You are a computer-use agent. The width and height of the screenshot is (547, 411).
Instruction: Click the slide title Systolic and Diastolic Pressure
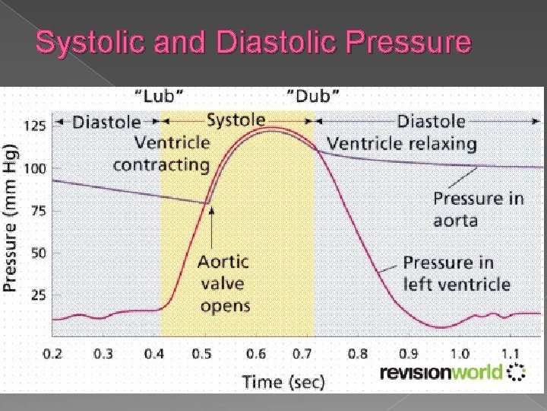point(254,43)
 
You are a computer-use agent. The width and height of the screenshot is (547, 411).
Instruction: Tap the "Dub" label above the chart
point(313,96)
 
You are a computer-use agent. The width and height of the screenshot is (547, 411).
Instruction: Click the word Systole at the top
point(236,119)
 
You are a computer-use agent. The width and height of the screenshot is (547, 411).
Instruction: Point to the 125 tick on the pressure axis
point(35,125)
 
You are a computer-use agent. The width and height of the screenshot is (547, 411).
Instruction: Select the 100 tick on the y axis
point(35,167)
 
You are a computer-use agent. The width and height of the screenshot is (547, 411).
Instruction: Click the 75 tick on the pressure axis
point(37,210)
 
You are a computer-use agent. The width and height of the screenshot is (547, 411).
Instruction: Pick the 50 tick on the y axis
point(37,253)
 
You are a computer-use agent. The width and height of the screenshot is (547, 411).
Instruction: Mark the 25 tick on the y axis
point(37,295)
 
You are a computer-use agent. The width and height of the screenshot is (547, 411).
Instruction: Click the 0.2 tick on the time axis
point(53,354)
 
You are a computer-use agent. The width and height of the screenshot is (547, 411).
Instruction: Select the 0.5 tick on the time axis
point(201,354)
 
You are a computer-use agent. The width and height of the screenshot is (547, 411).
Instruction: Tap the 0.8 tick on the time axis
point(357,354)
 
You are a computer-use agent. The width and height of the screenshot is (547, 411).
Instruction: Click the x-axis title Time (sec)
point(283,381)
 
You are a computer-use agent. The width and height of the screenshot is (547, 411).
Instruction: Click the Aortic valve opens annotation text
point(223,284)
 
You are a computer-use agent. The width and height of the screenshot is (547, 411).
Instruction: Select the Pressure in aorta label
point(479,209)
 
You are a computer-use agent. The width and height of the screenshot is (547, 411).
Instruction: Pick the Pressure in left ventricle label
point(456,273)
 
